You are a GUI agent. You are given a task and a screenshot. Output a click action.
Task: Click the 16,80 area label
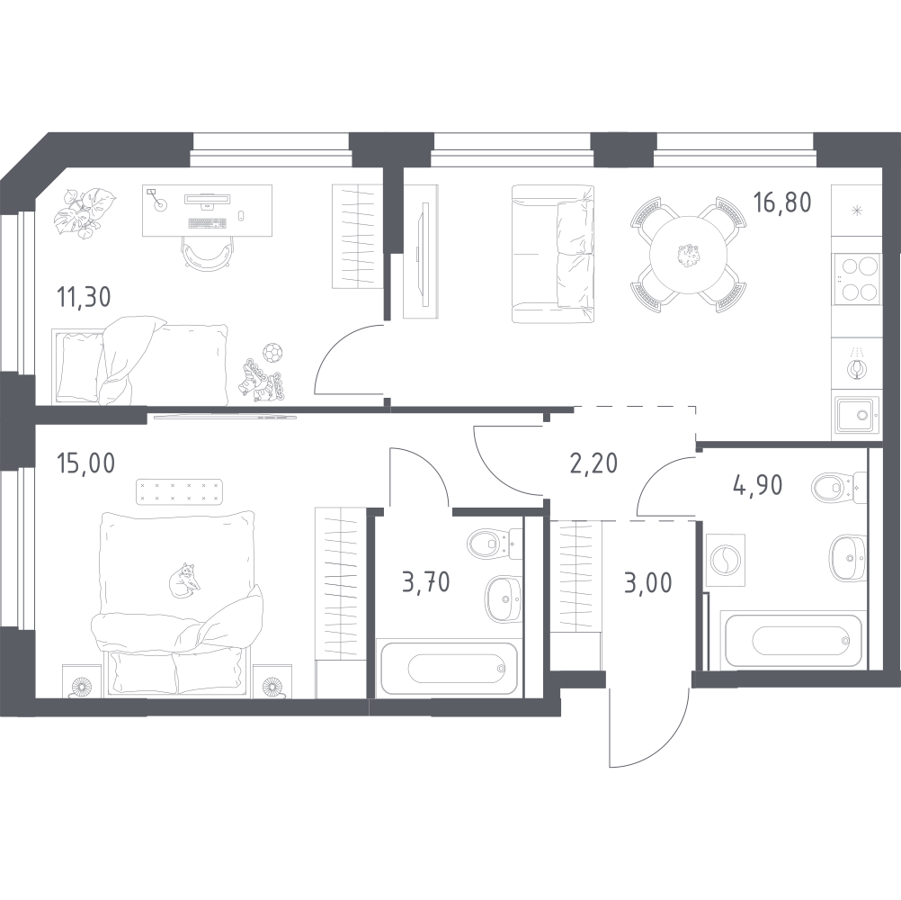782,203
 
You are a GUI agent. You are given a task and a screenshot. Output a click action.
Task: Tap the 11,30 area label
84,297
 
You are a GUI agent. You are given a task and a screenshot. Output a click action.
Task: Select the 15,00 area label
85,463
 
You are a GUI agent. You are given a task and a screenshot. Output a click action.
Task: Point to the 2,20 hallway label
594,463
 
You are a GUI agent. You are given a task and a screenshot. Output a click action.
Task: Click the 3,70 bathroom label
426,582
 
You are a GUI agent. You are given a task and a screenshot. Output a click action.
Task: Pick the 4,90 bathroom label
757,485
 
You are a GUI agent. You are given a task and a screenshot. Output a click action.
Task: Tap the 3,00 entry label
647,582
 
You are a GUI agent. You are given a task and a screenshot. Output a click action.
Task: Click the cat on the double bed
184,580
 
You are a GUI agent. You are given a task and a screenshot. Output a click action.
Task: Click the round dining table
689,254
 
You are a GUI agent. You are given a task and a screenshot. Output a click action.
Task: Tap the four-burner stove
856,279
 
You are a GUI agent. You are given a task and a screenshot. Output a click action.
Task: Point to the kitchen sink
856,415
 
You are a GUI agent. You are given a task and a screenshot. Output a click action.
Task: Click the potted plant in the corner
85,212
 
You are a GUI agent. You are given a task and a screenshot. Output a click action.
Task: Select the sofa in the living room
553,254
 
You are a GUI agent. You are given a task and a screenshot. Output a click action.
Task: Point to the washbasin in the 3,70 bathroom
504,599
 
